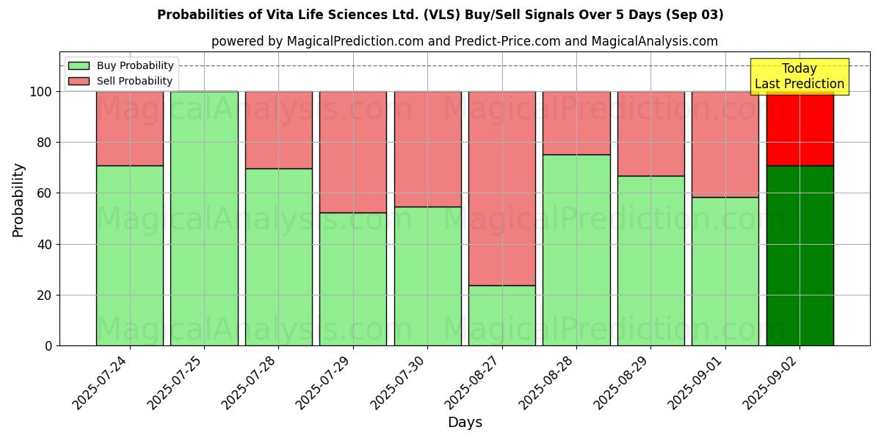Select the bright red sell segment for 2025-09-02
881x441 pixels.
(800, 129)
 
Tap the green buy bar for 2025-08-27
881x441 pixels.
(502, 315)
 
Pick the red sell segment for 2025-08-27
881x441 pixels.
(502, 188)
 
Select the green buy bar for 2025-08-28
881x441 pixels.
(576, 250)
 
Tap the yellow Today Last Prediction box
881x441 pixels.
(799, 76)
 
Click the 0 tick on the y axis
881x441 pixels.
(48, 345)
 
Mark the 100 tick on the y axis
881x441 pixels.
(42, 92)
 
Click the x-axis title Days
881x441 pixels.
(465, 423)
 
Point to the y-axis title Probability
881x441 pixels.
(18, 199)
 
